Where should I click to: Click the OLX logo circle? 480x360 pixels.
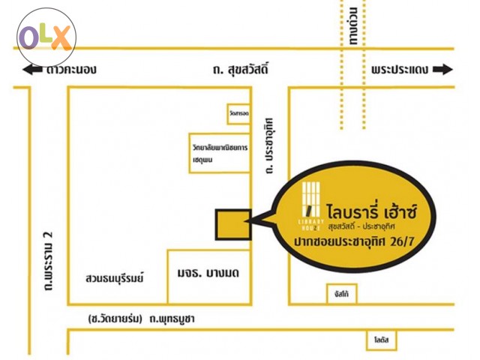pyautogui.click(x=47, y=37)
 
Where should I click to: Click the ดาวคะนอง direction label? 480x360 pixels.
pyautogui.click(x=70, y=70)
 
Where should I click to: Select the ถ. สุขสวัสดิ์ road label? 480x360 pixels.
pyautogui.click(x=241, y=70)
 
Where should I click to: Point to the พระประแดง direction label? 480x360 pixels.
pyautogui.click(x=399, y=70)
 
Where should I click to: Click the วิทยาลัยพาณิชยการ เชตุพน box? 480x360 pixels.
pyautogui.click(x=219, y=153)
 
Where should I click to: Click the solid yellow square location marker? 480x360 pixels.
pyautogui.click(x=234, y=223)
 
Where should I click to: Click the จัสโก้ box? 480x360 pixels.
pyautogui.click(x=342, y=294)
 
